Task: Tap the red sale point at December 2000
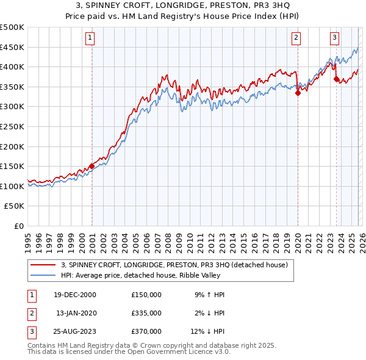click(91, 166)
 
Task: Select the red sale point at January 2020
click(298, 93)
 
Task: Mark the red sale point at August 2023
click(336, 79)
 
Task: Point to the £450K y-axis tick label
click(12, 47)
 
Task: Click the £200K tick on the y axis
click(12, 146)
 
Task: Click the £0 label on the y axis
click(18, 226)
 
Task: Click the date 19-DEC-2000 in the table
click(75, 295)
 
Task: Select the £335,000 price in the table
click(146, 313)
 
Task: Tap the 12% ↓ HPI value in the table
click(207, 331)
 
